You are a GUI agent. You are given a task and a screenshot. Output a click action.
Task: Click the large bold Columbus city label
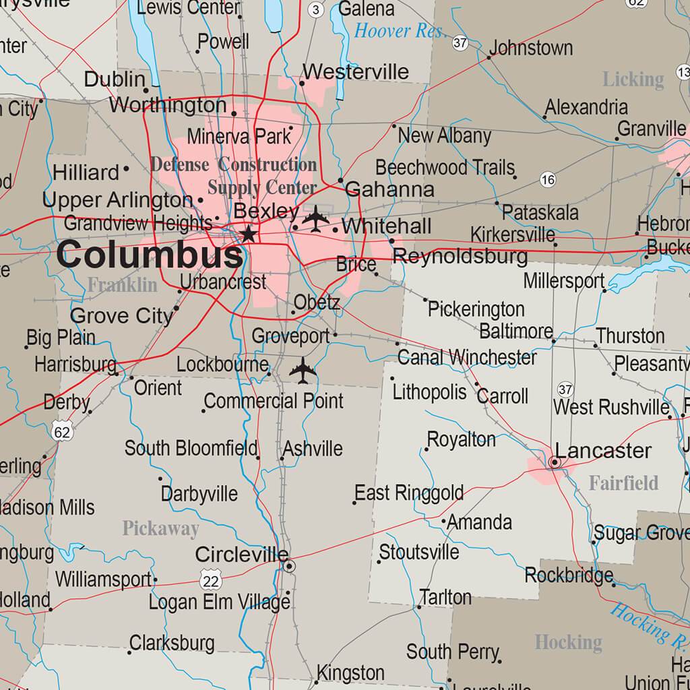click(x=149, y=256)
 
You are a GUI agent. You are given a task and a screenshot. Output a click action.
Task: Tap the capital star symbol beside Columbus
click(x=249, y=234)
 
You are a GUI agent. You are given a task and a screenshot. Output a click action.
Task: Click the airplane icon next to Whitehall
click(x=315, y=218)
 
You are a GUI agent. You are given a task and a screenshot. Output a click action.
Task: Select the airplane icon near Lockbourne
click(x=303, y=370)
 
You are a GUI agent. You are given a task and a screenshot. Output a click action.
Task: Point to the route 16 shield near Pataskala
click(x=548, y=179)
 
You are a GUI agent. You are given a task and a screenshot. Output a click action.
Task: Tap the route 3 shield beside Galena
click(x=316, y=9)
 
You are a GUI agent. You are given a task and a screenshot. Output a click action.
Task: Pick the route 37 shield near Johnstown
click(x=460, y=43)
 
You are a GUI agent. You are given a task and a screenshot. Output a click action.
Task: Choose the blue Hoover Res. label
click(x=400, y=30)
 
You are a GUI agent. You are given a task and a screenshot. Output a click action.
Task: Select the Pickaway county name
click(x=160, y=529)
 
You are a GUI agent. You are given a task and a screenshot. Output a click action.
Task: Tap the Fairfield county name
click(x=623, y=483)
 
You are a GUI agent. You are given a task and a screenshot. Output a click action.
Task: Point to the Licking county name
click(x=633, y=80)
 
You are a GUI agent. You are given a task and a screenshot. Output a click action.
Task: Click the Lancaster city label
click(x=603, y=451)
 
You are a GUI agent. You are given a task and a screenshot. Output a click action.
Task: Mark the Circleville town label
click(x=241, y=555)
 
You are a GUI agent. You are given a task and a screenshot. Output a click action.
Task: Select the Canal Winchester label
click(x=467, y=356)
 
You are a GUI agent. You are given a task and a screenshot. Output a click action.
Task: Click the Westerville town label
click(x=356, y=72)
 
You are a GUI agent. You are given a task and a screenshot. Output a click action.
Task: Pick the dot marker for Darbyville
click(x=160, y=479)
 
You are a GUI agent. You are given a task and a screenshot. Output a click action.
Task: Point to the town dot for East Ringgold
click(x=354, y=503)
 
